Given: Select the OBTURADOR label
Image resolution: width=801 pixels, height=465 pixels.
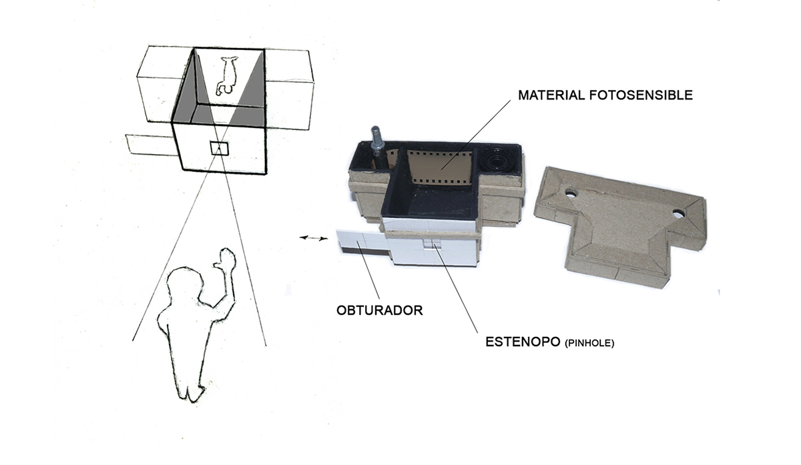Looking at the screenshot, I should tap(380, 310).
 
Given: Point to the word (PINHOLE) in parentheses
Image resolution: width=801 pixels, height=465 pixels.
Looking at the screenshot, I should tap(589, 344).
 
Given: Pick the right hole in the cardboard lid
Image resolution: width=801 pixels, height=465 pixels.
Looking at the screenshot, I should tap(679, 214).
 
